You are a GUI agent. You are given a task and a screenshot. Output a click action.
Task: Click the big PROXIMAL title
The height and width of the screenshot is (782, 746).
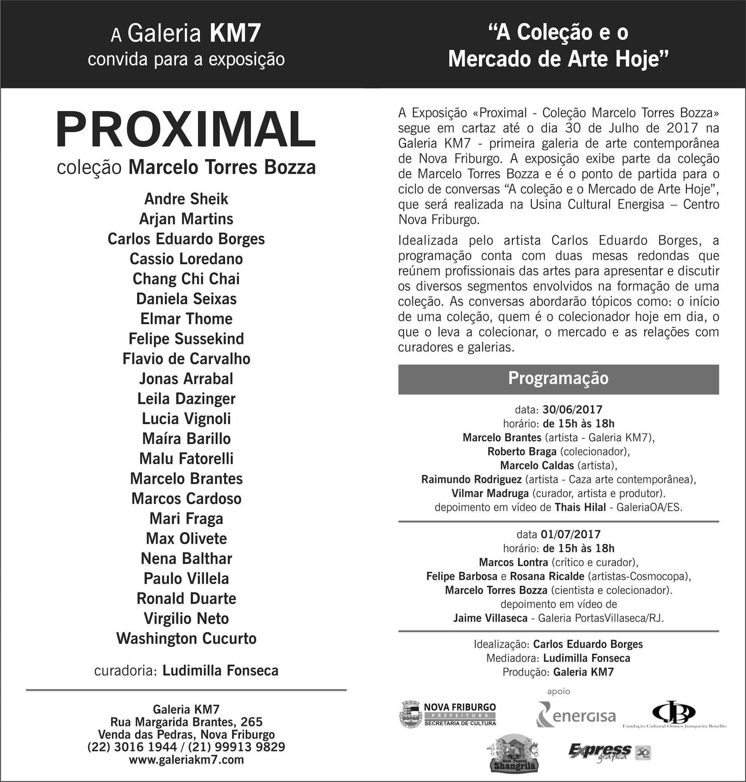(x=186, y=130)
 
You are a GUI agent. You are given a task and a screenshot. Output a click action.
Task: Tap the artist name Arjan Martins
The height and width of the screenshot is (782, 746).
(x=186, y=219)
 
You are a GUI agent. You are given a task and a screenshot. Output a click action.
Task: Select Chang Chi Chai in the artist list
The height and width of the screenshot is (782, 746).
(x=186, y=279)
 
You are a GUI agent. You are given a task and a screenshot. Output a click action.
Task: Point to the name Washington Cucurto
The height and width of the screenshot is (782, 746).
(x=186, y=639)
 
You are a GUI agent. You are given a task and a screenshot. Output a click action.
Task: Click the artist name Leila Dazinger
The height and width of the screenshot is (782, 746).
(x=186, y=399)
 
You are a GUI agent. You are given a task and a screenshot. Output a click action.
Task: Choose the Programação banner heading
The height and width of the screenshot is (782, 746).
(x=558, y=378)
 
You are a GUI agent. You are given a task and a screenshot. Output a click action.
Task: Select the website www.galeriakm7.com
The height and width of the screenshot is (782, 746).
(x=186, y=760)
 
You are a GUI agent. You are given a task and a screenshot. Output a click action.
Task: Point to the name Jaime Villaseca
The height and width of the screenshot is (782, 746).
(x=490, y=618)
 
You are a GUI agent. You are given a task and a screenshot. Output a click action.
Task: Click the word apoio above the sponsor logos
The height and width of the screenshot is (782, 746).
(x=558, y=691)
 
